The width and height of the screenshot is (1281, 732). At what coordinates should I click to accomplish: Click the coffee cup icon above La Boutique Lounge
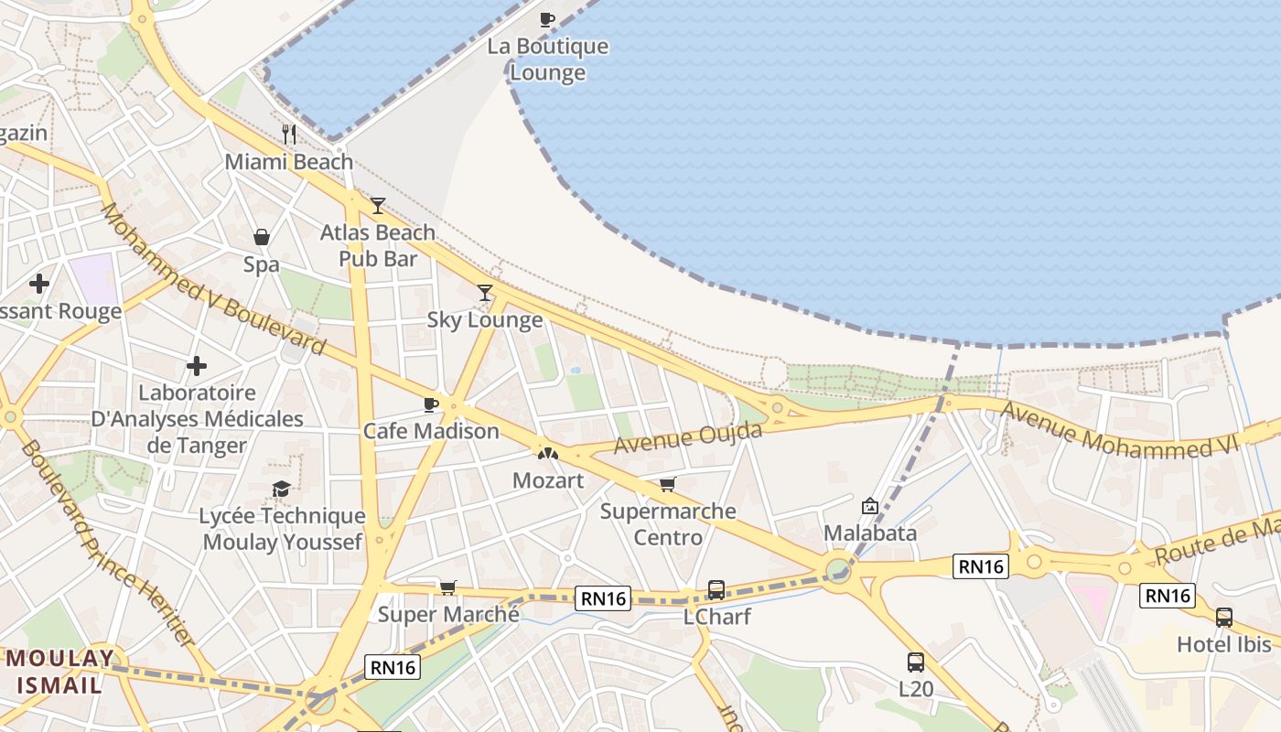(547, 18)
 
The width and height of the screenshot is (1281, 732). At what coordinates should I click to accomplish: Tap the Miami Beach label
(289, 162)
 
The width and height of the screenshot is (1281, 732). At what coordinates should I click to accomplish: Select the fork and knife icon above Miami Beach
(289, 135)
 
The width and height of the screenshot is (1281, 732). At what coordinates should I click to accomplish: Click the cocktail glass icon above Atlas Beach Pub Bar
(378, 206)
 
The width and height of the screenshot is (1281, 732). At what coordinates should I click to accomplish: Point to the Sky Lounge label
(485, 320)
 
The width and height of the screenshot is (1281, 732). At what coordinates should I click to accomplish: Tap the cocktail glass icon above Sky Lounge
(485, 293)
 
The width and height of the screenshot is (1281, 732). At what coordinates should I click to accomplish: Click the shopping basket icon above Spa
(262, 238)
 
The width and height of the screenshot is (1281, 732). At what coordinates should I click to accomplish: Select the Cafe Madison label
(431, 431)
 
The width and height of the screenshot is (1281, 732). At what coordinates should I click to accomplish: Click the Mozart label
(547, 480)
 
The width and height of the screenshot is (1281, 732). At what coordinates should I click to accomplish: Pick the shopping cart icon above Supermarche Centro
(668, 484)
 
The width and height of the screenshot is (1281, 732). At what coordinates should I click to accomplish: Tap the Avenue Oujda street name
(688, 437)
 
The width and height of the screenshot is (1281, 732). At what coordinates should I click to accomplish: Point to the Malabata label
(870, 533)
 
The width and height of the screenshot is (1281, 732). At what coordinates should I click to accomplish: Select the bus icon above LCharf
(716, 590)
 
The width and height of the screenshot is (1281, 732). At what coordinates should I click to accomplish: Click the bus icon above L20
(916, 662)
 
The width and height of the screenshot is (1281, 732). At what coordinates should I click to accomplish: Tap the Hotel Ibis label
(1224, 644)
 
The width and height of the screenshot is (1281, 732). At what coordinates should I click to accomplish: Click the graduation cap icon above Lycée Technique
(282, 490)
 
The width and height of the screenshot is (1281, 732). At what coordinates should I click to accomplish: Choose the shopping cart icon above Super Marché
(447, 587)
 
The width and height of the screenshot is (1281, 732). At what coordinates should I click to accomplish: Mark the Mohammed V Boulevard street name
(212, 280)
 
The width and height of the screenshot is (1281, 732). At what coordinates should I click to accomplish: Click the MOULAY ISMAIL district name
(61, 671)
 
